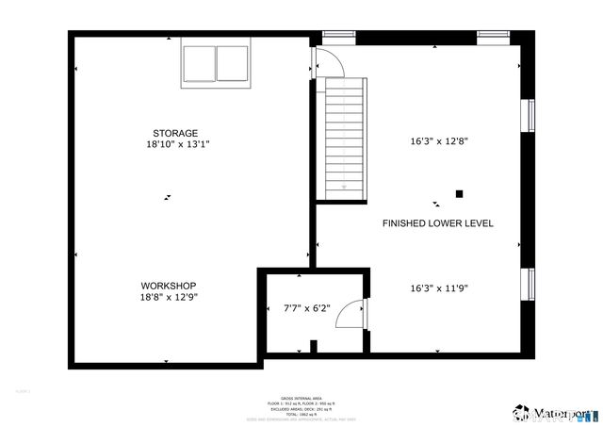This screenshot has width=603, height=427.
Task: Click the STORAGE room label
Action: coord(176,133)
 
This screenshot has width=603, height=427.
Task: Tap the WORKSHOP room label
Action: coord(169,286)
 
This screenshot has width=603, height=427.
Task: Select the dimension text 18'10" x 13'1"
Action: coord(176,145)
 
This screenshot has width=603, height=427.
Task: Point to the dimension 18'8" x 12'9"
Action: coord(169,297)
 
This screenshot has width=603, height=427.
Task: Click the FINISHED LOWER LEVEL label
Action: coord(437,223)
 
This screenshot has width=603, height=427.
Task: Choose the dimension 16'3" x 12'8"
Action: coord(439,141)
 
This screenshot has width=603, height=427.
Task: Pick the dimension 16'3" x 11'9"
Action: coord(439,288)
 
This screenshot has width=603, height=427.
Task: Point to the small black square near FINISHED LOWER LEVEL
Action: coord(460,194)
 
